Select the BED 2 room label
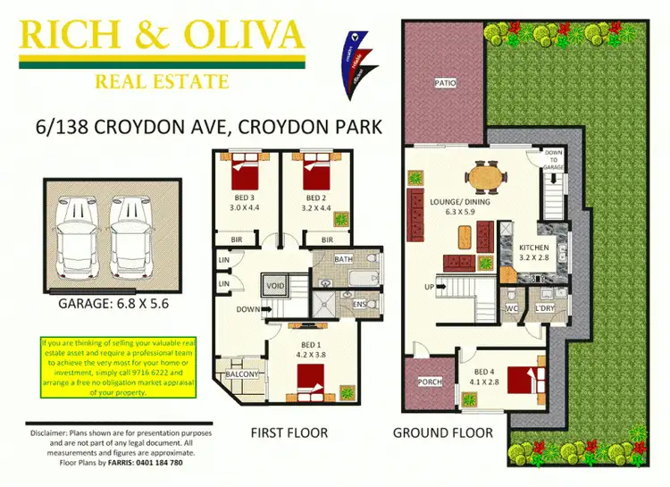[314, 197]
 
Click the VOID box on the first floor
[274, 286]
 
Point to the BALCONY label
[241, 374]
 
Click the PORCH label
[430, 382]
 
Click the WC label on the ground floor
[511, 309]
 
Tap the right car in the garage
[130, 236]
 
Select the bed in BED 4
[534, 379]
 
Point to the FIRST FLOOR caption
[289, 433]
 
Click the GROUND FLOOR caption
[443, 433]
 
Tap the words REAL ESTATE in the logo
[161, 82]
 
